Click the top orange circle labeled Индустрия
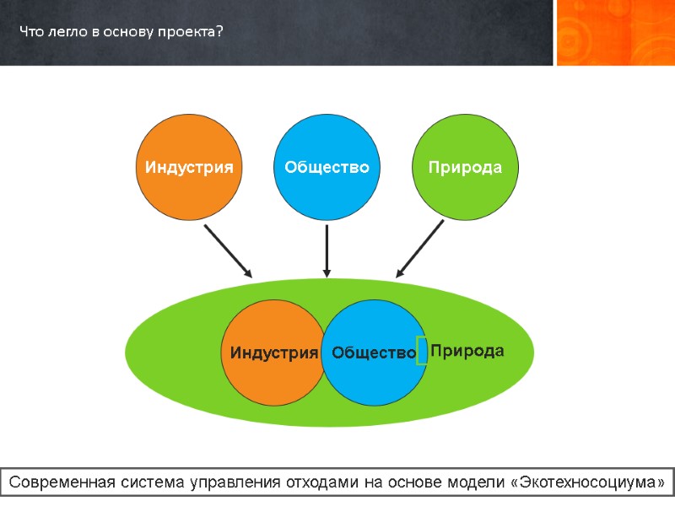point(189,167)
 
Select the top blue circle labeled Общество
point(327,167)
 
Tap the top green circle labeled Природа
point(464,167)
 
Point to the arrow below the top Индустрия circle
point(229,250)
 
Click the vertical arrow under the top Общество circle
point(327,250)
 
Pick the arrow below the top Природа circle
point(420,249)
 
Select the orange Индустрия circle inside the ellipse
point(273,353)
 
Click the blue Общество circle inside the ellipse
point(374,353)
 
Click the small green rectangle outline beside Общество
point(422,351)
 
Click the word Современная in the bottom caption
point(63,483)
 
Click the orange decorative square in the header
point(615,32)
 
